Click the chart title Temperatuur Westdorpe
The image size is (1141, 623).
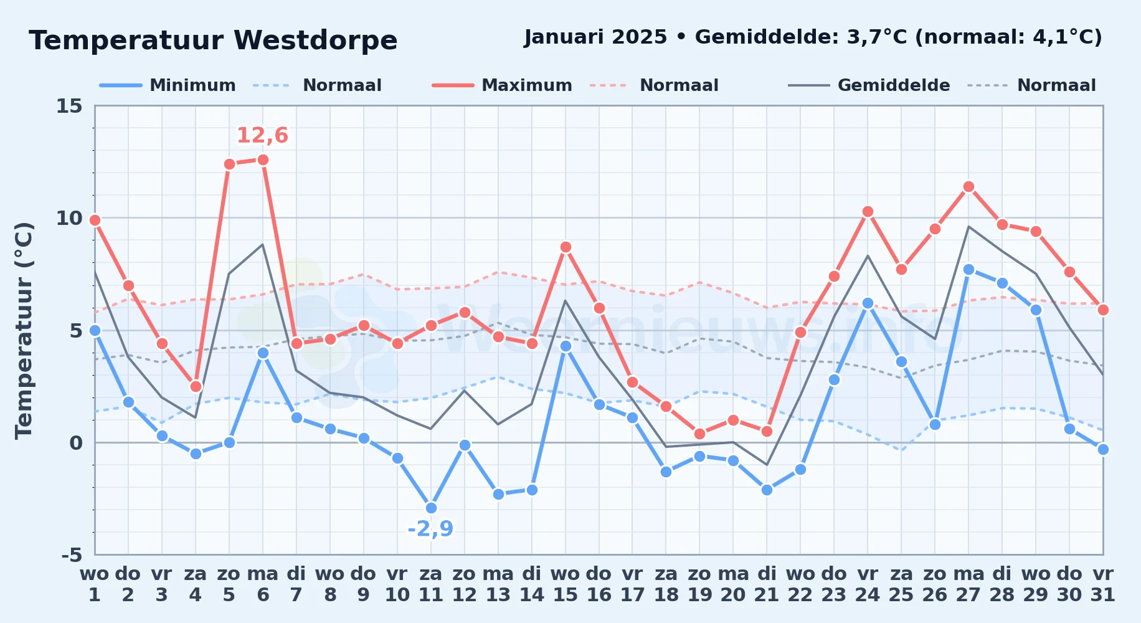point(213,40)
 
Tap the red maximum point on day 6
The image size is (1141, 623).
point(263,159)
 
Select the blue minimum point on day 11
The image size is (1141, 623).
point(431,508)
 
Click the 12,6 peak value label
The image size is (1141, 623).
point(263,135)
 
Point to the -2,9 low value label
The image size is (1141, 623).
point(431,529)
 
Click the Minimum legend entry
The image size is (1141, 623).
point(168,85)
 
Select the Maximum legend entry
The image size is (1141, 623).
point(502,85)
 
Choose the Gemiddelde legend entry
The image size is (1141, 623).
point(869,85)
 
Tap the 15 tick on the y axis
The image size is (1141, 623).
point(69,106)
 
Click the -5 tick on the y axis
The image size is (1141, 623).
point(72,554)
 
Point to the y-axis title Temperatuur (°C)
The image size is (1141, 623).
point(24,330)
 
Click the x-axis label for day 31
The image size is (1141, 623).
point(1103,584)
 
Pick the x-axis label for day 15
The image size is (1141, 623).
point(566,584)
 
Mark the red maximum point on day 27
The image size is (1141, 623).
point(968,186)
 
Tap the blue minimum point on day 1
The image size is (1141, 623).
point(95,330)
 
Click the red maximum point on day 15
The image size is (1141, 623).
point(566,247)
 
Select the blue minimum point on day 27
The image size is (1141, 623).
point(968,269)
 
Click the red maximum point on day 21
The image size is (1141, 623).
point(767,431)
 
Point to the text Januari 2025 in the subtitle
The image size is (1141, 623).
point(596,37)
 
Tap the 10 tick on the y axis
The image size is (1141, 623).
point(69,218)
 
